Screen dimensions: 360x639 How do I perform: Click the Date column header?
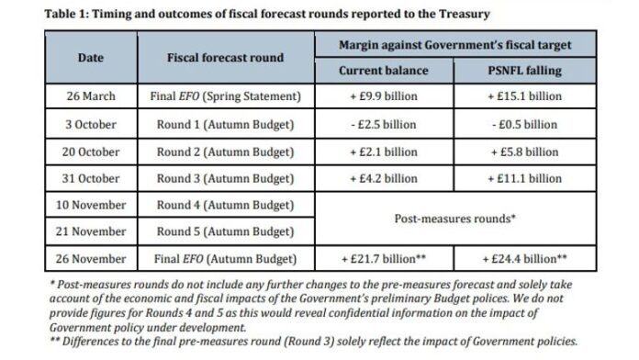90,57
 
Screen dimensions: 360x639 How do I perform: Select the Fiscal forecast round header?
225,57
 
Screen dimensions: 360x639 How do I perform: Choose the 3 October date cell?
90,124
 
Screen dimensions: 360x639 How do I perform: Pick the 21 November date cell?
90,231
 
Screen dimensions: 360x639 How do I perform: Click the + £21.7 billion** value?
378,259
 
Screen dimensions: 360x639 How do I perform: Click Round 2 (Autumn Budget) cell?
225,152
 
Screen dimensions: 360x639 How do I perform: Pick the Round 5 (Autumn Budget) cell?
225,231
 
